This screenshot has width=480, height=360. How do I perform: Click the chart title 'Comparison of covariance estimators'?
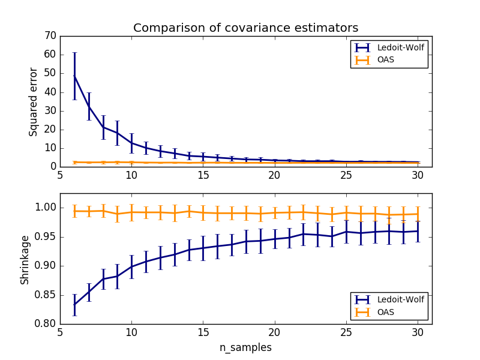pyautogui.click(x=245, y=28)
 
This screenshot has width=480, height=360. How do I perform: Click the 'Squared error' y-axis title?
pyautogui.click(x=34, y=101)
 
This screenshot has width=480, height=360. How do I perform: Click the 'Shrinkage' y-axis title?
pyautogui.click(x=25, y=259)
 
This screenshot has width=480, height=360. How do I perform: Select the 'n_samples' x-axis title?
pyautogui.click(x=245, y=347)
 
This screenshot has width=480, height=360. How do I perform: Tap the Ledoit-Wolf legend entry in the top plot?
pyautogui.click(x=389, y=47)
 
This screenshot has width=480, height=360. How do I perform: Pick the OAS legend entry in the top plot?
pyautogui.click(x=378, y=60)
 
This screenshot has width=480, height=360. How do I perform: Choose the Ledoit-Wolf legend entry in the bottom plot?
pyautogui.click(x=389, y=299)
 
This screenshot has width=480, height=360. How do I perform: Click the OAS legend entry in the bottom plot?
pyautogui.click(x=378, y=312)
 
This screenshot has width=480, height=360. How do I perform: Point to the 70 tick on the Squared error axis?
pyautogui.click(x=50, y=36)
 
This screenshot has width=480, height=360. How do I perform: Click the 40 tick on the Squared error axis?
pyautogui.click(x=50, y=92)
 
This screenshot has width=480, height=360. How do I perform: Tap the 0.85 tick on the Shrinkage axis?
pyautogui.click(x=46, y=295)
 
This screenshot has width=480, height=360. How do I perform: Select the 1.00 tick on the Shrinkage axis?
pyautogui.click(x=46, y=208)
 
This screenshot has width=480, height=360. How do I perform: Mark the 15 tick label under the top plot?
pyautogui.click(x=203, y=175)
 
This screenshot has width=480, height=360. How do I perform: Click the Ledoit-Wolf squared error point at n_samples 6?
pyautogui.click(x=74, y=76)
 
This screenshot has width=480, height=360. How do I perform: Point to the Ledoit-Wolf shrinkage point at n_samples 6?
pyautogui.click(x=74, y=305)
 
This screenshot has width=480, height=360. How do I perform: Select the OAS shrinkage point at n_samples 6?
pyautogui.click(x=74, y=211)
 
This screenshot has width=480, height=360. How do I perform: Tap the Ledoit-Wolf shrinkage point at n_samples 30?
pyautogui.click(x=418, y=231)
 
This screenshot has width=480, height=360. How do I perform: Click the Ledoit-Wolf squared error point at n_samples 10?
pyautogui.click(x=131, y=143)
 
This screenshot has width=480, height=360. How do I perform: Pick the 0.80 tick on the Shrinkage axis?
pyautogui.click(x=46, y=324)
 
